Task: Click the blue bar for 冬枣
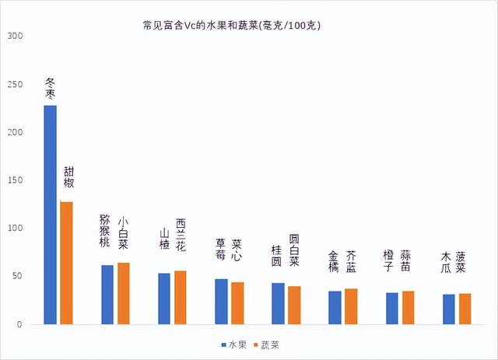(x=50, y=215)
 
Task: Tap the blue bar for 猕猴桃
(x=107, y=295)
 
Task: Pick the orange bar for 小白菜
(x=124, y=293)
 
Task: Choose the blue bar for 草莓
(x=221, y=301)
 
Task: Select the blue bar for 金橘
(x=335, y=307)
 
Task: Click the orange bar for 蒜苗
(x=408, y=307)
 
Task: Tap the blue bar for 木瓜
(x=448, y=309)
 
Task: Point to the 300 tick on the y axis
(x=16, y=36)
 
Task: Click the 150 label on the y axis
(x=16, y=180)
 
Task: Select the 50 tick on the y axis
(x=18, y=276)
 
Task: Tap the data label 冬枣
(x=50, y=88)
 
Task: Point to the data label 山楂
(x=164, y=239)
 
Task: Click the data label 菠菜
(x=461, y=262)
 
